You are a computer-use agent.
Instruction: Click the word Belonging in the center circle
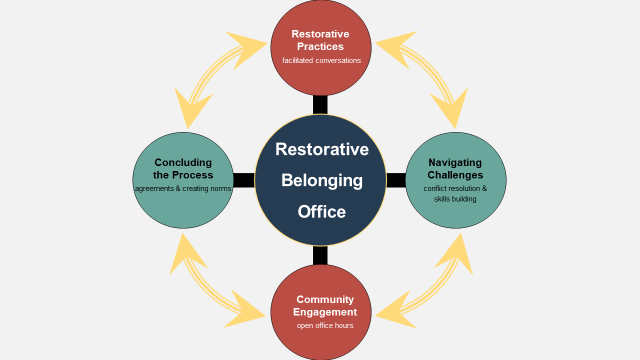pyautogui.click(x=322, y=180)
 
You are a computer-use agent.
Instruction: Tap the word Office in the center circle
pyautogui.click(x=321, y=211)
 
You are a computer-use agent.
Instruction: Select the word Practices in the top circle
pyautogui.click(x=320, y=46)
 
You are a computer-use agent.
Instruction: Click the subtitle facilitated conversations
pyautogui.click(x=321, y=60)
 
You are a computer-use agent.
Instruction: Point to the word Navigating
pyautogui.click(x=455, y=162)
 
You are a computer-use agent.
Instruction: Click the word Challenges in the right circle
pyautogui.click(x=455, y=175)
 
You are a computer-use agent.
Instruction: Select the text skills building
pyautogui.click(x=455, y=199)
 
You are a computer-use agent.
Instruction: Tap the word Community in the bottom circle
pyautogui.click(x=325, y=299)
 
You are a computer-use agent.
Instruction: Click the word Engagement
pyautogui.click(x=325, y=312)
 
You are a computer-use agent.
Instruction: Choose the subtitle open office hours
pyautogui.click(x=325, y=325)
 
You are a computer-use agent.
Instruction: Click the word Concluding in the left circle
pyautogui.click(x=183, y=162)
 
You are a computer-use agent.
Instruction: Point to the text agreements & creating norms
pyautogui.click(x=183, y=188)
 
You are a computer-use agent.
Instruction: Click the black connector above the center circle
pyautogui.click(x=320, y=104)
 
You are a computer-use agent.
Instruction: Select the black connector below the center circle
pyautogui.click(x=320, y=255)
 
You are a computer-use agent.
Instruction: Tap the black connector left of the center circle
pyautogui.click(x=244, y=180)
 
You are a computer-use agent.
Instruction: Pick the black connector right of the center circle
pyautogui.click(x=396, y=180)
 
